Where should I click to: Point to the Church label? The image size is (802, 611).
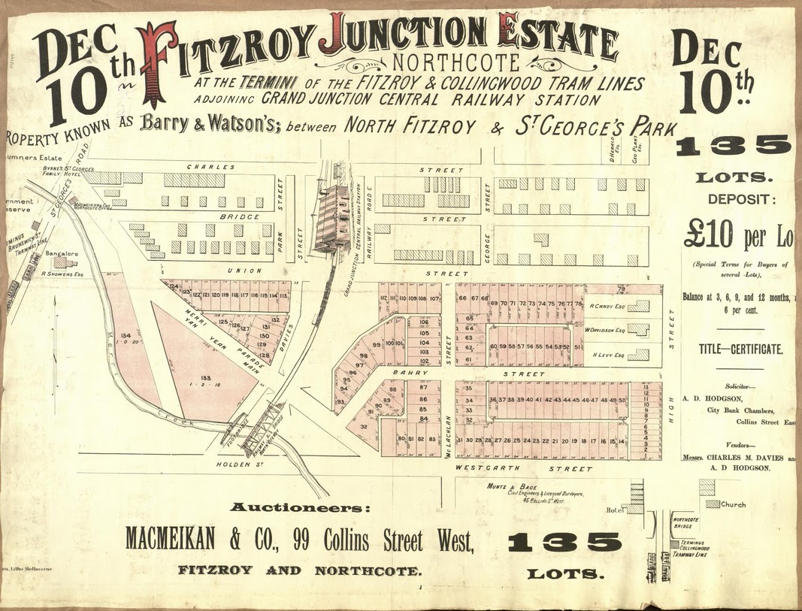(x=733, y=504)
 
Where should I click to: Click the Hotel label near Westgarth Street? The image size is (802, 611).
(x=616, y=510)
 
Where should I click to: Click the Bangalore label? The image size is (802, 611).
(x=62, y=253)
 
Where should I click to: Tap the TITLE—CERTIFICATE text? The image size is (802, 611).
(x=740, y=349)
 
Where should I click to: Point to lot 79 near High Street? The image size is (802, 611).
(x=622, y=289)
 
